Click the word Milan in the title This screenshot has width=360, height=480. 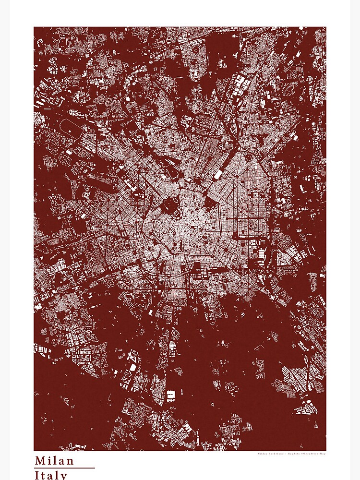[54, 461]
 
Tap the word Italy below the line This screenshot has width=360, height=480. [51, 475]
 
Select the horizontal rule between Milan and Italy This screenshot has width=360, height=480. [64, 468]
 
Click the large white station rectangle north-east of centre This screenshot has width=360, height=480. [219, 173]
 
